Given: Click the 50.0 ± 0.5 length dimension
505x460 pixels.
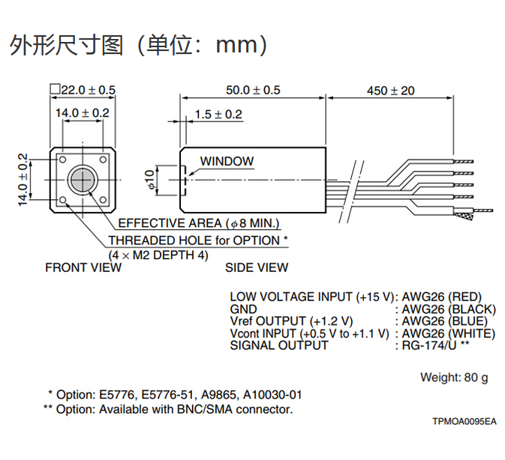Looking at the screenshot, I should coord(253,90).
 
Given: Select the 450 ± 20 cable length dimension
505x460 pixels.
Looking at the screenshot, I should coord(390,90).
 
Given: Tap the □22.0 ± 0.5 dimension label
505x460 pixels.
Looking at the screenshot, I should coord(83,90).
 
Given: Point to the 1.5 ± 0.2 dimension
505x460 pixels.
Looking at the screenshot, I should coord(218,115).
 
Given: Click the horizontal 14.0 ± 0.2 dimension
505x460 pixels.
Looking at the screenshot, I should coord(83,112).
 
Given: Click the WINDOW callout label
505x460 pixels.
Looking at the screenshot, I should coord(227,161).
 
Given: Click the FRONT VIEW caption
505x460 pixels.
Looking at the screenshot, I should coord(83,267).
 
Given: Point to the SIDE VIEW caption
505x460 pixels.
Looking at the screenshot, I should coord(257,267).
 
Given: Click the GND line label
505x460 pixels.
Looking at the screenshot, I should coord(243,309).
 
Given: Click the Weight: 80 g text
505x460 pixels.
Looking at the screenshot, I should coord(454,377).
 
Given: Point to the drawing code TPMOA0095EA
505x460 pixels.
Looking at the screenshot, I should coord(464,422).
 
